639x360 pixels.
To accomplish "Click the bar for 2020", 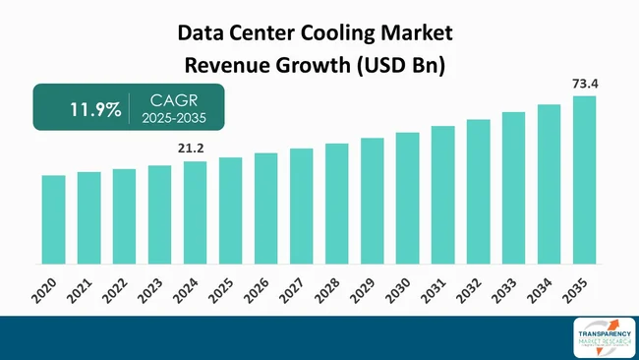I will coord(53,219).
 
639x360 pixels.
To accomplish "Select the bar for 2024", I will coord(195,212).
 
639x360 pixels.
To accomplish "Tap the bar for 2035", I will coord(584,180).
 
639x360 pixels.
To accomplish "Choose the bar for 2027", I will coord(301,207).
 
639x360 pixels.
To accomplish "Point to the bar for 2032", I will coord(478,192).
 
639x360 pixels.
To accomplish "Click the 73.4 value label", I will coord(584,85).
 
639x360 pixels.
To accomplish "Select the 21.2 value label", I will coord(191,149).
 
